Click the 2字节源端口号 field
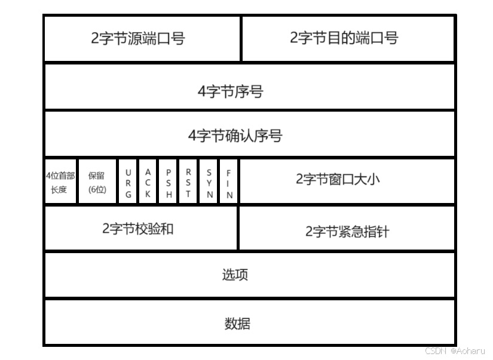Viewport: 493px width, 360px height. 138,38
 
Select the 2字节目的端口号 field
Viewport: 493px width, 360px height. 344,38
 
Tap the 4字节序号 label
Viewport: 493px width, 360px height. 230,92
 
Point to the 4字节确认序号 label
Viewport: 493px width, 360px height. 235,136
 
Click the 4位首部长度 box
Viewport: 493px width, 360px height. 60,182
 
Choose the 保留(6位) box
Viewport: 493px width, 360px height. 97,182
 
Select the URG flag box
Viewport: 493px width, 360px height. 128,182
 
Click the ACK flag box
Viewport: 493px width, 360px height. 148,182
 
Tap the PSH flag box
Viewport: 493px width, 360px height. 169,182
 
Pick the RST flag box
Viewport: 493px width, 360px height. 188,182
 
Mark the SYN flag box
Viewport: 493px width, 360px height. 209,182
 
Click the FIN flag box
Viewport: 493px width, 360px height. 228,182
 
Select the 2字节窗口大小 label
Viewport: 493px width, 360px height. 338,179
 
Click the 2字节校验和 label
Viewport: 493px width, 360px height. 138,229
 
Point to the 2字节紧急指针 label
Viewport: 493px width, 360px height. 347,232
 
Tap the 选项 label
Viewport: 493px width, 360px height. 235,275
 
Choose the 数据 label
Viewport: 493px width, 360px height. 237,324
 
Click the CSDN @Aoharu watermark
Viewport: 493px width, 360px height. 455,351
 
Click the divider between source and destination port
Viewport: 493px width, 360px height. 241,38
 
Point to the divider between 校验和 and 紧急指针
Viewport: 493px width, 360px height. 238,228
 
